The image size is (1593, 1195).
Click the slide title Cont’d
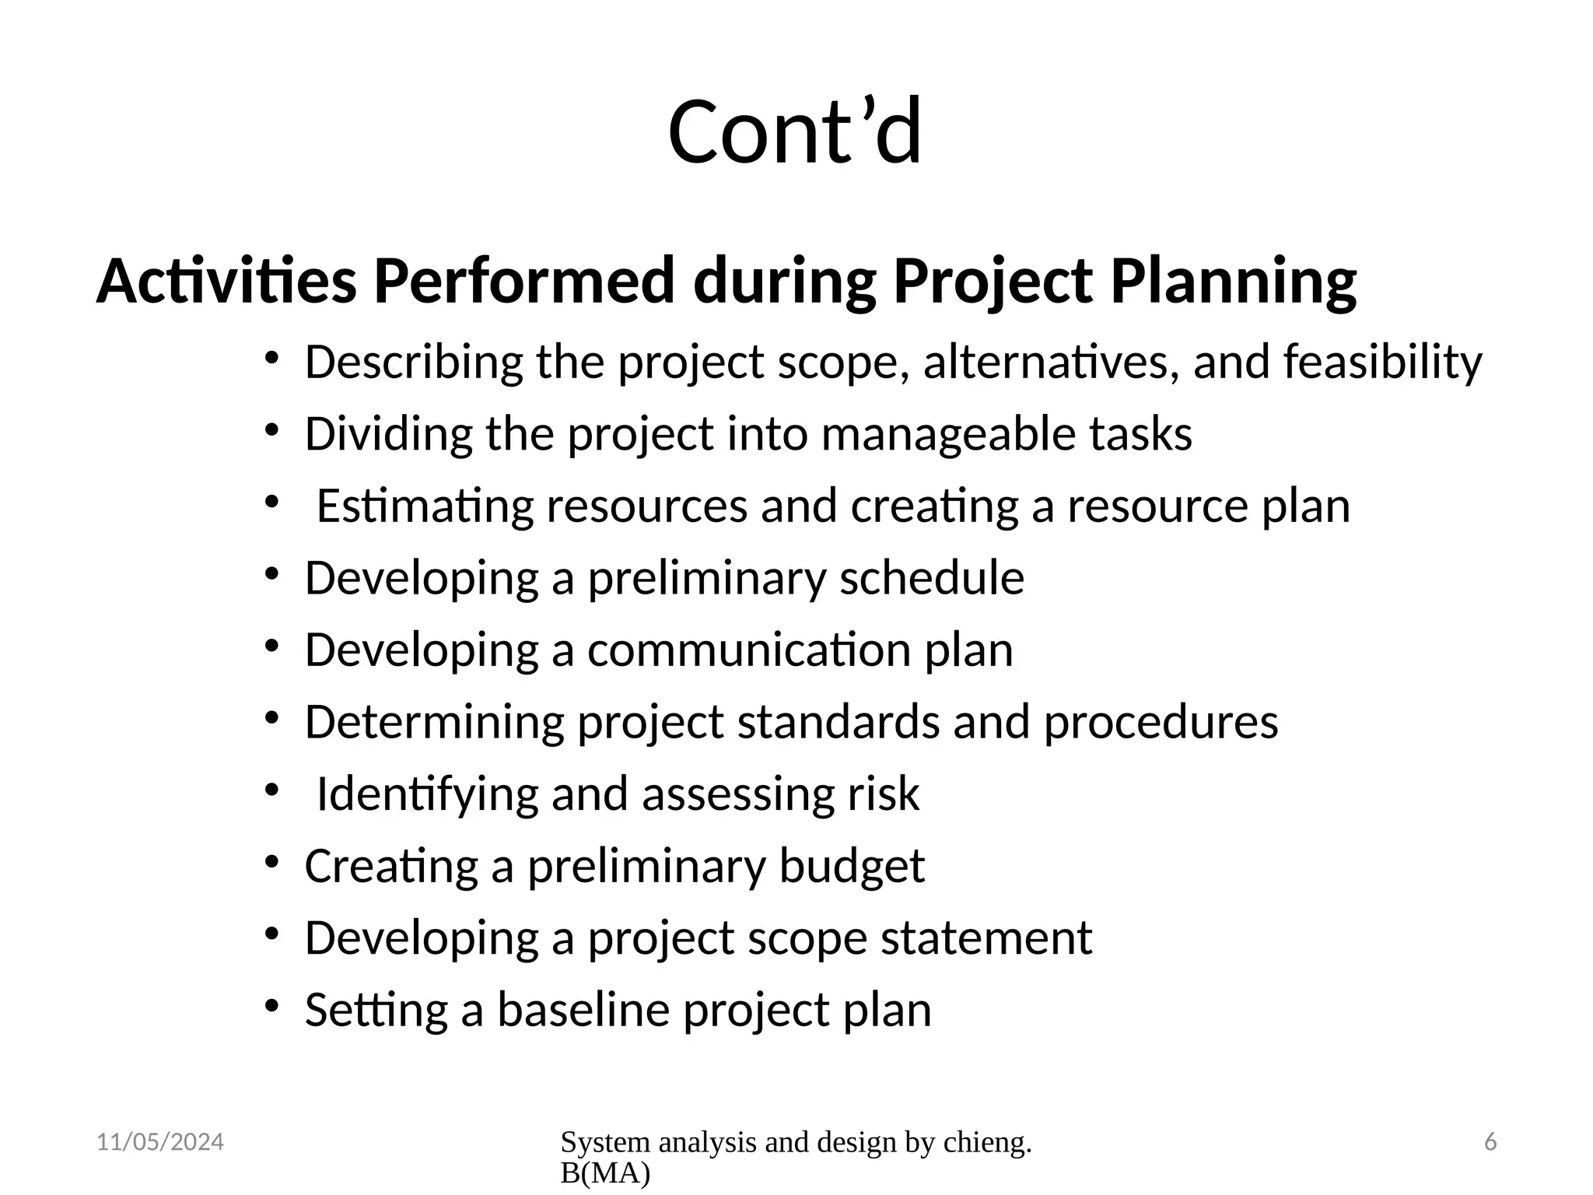click(795, 131)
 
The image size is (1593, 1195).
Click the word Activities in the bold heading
click(226, 281)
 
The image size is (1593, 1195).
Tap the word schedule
click(931, 578)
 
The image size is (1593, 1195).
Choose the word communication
click(748, 650)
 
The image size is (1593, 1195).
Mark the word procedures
click(1161, 722)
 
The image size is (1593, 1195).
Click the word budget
click(851, 866)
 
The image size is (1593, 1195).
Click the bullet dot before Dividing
click(271, 430)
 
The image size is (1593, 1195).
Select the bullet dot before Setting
click(271, 1006)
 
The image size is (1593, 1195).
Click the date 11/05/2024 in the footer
click(160, 1142)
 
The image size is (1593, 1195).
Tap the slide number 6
click(1490, 1142)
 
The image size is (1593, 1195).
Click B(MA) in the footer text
click(604, 1173)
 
